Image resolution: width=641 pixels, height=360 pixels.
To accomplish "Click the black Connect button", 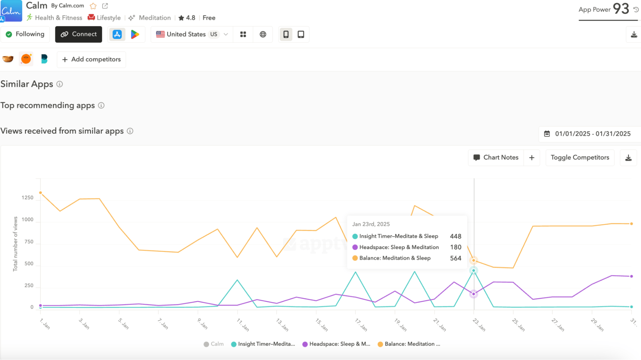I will tap(79, 34).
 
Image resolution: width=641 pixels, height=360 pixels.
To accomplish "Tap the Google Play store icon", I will tap(135, 34).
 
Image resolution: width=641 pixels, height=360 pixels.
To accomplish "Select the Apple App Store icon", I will tap(117, 34).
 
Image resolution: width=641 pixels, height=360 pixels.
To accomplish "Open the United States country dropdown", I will tap(192, 34).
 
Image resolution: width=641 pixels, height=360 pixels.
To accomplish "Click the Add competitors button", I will tap(91, 59).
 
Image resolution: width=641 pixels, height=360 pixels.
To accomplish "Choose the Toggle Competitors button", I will tap(580, 157).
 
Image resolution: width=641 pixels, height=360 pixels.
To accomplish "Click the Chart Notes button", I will tap(496, 157).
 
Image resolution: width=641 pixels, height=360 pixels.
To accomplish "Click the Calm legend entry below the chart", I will tap(214, 344).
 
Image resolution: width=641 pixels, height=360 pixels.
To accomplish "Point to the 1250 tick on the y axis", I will tap(28, 197).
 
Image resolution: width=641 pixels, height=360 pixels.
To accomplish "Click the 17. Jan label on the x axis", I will tap(361, 324).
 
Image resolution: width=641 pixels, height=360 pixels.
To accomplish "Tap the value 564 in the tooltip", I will tap(455, 258).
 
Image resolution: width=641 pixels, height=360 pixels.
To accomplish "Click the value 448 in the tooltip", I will tap(455, 236).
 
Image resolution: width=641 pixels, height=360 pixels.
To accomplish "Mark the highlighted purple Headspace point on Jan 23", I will tap(474, 294).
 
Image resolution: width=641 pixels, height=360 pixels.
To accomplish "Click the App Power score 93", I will tap(621, 9).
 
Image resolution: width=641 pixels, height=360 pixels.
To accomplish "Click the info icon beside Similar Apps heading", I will tap(60, 84).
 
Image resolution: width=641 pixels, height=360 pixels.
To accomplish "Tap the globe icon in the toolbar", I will tap(263, 34).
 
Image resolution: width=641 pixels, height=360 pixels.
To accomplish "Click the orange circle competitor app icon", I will tap(26, 59).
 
